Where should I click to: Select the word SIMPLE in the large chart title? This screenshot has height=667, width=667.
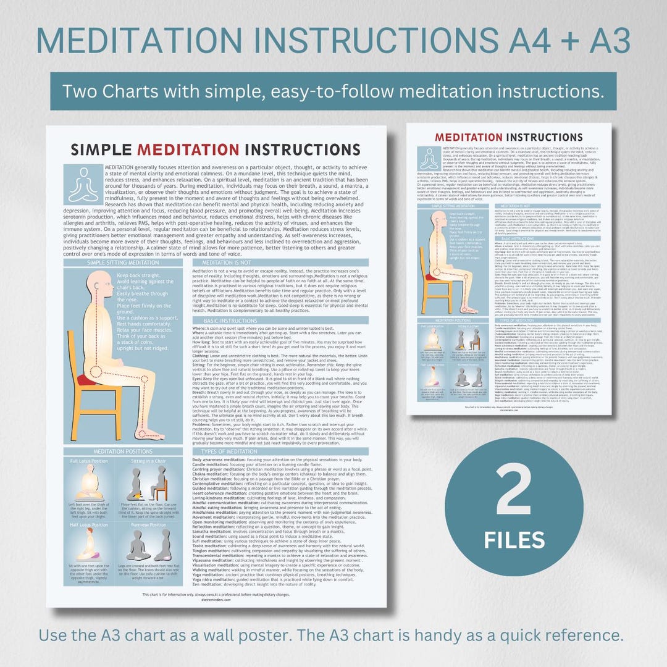(x=101, y=149)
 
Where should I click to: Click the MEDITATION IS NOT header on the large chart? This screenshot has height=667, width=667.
(x=222, y=262)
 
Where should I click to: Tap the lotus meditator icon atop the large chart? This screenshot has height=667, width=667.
(x=83, y=184)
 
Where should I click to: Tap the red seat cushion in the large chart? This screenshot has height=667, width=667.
(x=87, y=379)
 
